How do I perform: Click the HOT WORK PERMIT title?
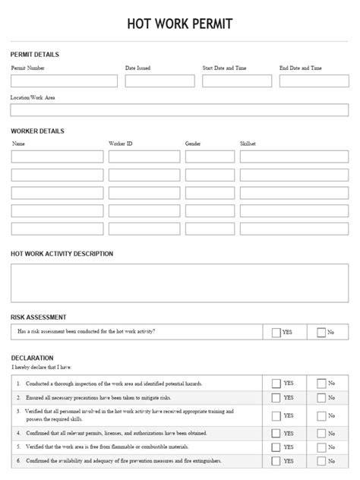[x=180, y=25]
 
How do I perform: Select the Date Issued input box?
[x=159, y=81]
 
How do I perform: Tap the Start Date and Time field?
[x=237, y=81]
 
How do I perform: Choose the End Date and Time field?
[x=314, y=81]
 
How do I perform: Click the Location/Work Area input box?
[x=179, y=110]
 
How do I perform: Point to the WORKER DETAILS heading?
[x=37, y=131]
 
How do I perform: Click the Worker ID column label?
[x=121, y=144]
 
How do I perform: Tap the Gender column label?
[x=193, y=144]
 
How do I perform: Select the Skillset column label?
[x=248, y=144]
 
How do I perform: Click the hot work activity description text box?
[x=179, y=283]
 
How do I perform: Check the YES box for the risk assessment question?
[x=276, y=332]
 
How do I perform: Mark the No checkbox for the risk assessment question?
[x=321, y=332]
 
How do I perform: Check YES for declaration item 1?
[x=276, y=384]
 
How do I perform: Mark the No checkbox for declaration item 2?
[x=321, y=397]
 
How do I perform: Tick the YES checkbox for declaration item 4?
[x=276, y=434]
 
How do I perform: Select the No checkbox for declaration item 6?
[x=321, y=461]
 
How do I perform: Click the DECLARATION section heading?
[x=32, y=357]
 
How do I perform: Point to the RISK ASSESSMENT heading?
[x=38, y=317]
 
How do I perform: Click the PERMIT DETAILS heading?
[x=34, y=55]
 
